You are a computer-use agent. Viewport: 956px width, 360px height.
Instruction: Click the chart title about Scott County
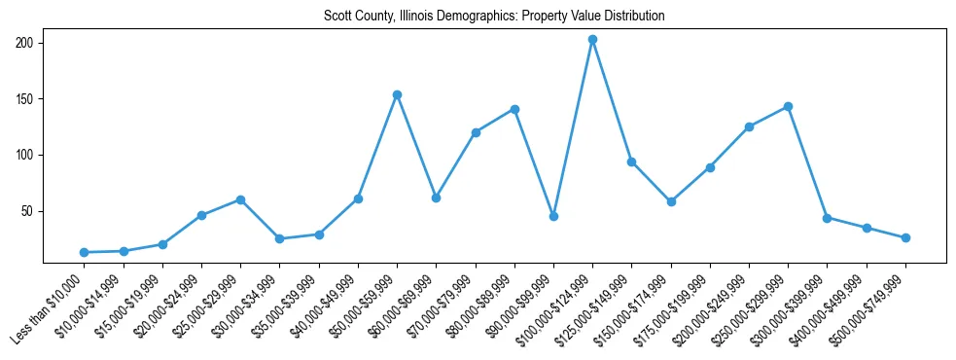tap(494, 17)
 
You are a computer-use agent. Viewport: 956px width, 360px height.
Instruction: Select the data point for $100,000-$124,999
tap(592, 40)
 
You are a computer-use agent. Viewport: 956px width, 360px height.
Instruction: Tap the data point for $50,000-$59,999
tap(397, 94)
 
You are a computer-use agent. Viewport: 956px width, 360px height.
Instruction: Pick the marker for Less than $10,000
tap(85, 252)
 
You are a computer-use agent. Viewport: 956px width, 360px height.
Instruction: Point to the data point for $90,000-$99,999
tap(553, 216)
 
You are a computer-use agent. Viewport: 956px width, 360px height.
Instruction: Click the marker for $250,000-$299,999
tap(788, 106)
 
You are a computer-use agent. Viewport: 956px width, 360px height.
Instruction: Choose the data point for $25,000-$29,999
tap(240, 199)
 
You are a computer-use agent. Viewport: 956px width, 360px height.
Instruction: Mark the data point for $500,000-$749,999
tap(905, 237)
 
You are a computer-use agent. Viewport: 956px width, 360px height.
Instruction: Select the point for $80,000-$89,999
tap(514, 109)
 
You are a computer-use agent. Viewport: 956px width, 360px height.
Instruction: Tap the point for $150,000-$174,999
tap(671, 201)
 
